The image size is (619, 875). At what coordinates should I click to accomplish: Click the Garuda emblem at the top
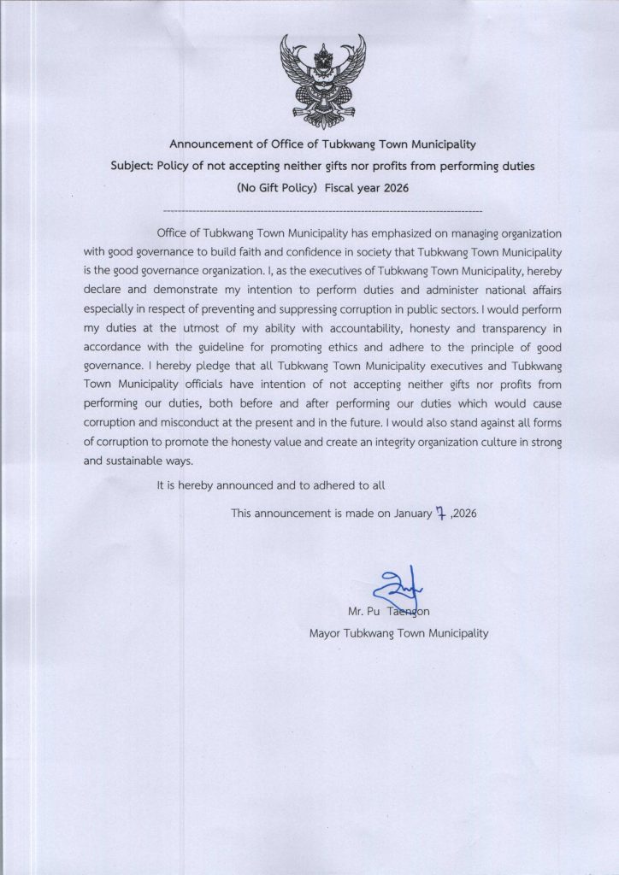(x=322, y=79)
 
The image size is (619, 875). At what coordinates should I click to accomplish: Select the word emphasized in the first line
(x=401, y=232)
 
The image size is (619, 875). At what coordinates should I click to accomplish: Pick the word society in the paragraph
(x=384, y=252)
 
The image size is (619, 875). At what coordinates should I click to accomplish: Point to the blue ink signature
(x=398, y=590)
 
